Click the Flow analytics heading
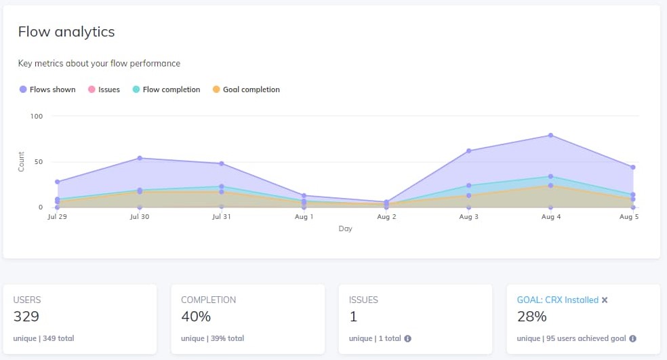[x=66, y=32]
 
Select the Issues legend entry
[x=104, y=89]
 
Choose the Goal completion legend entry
[x=246, y=89]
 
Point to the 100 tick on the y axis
[x=36, y=116]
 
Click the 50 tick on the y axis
[x=38, y=162]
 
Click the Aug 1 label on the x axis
[x=304, y=217]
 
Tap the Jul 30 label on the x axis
[x=139, y=217]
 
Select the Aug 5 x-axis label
[x=629, y=217]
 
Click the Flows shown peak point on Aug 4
[x=550, y=136]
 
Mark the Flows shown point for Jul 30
[x=140, y=158]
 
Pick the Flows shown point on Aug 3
[x=468, y=151]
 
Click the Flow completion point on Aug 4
[x=550, y=176]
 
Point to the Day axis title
[x=345, y=229]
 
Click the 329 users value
[x=26, y=317]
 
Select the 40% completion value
[x=196, y=317]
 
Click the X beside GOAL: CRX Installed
[x=605, y=300]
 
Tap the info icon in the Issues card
[x=407, y=338]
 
